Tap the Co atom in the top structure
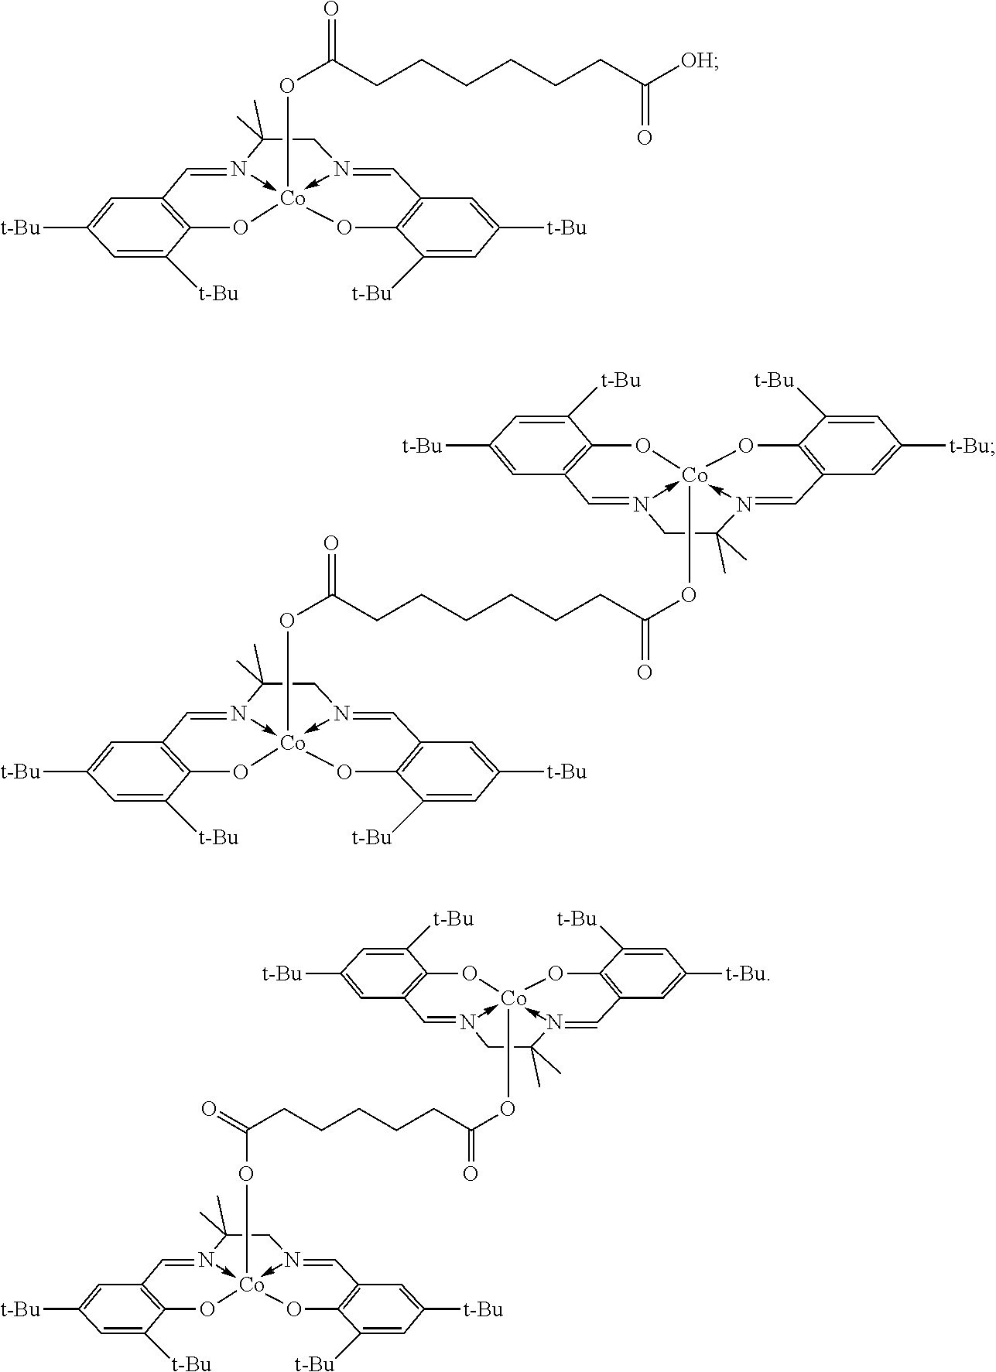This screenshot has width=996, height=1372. coord(293,199)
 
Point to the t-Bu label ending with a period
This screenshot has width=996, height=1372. coord(748,973)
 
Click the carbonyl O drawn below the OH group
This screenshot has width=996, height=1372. coord(644,138)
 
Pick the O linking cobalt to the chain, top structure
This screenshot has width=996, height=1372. coord(287,84)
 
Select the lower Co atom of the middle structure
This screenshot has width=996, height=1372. coord(293,743)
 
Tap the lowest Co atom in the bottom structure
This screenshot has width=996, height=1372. coord(252,1285)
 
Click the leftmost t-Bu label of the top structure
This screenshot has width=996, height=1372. coord(21,228)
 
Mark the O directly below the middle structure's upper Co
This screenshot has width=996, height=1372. coord(688,595)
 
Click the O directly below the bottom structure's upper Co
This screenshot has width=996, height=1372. coord(508,1110)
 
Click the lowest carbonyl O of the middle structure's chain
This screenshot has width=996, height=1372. coord(644,671)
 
